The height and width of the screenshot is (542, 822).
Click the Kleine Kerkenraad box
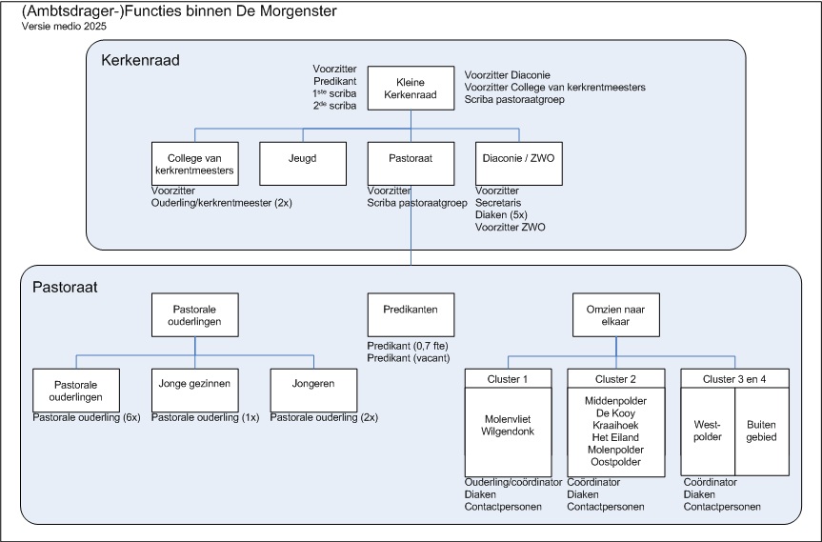click(411, 88)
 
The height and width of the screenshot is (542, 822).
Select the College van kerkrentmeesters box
click(194, 164)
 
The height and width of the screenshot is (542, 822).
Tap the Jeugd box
click(303, 164)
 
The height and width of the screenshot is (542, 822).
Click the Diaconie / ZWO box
click(518, 164)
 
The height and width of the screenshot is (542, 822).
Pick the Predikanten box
click(411, 314)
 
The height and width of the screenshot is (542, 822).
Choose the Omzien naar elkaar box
click(616, 314)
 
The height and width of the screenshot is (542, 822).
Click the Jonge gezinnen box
click(194, 390)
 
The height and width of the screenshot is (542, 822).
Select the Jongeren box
click(313, 390)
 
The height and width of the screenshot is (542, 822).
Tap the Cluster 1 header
click(508, 378)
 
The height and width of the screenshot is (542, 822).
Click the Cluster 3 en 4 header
click(734, 378)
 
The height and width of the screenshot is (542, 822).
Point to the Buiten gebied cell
click(762, 432)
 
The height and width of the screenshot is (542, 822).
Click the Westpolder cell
click(708, 432)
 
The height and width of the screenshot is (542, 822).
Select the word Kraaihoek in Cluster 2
click(615, 425)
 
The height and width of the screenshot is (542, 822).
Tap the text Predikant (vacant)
click(409, 358)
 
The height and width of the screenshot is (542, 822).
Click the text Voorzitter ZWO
click(511, 228)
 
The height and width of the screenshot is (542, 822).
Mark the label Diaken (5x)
click(501, 215)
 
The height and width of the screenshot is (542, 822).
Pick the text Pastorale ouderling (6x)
click(87, 418)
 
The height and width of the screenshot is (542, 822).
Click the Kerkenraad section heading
click(141, 60)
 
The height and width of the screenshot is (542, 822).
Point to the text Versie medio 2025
click(64, 27)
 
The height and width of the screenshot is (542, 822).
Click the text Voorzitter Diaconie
click(508, 75)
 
